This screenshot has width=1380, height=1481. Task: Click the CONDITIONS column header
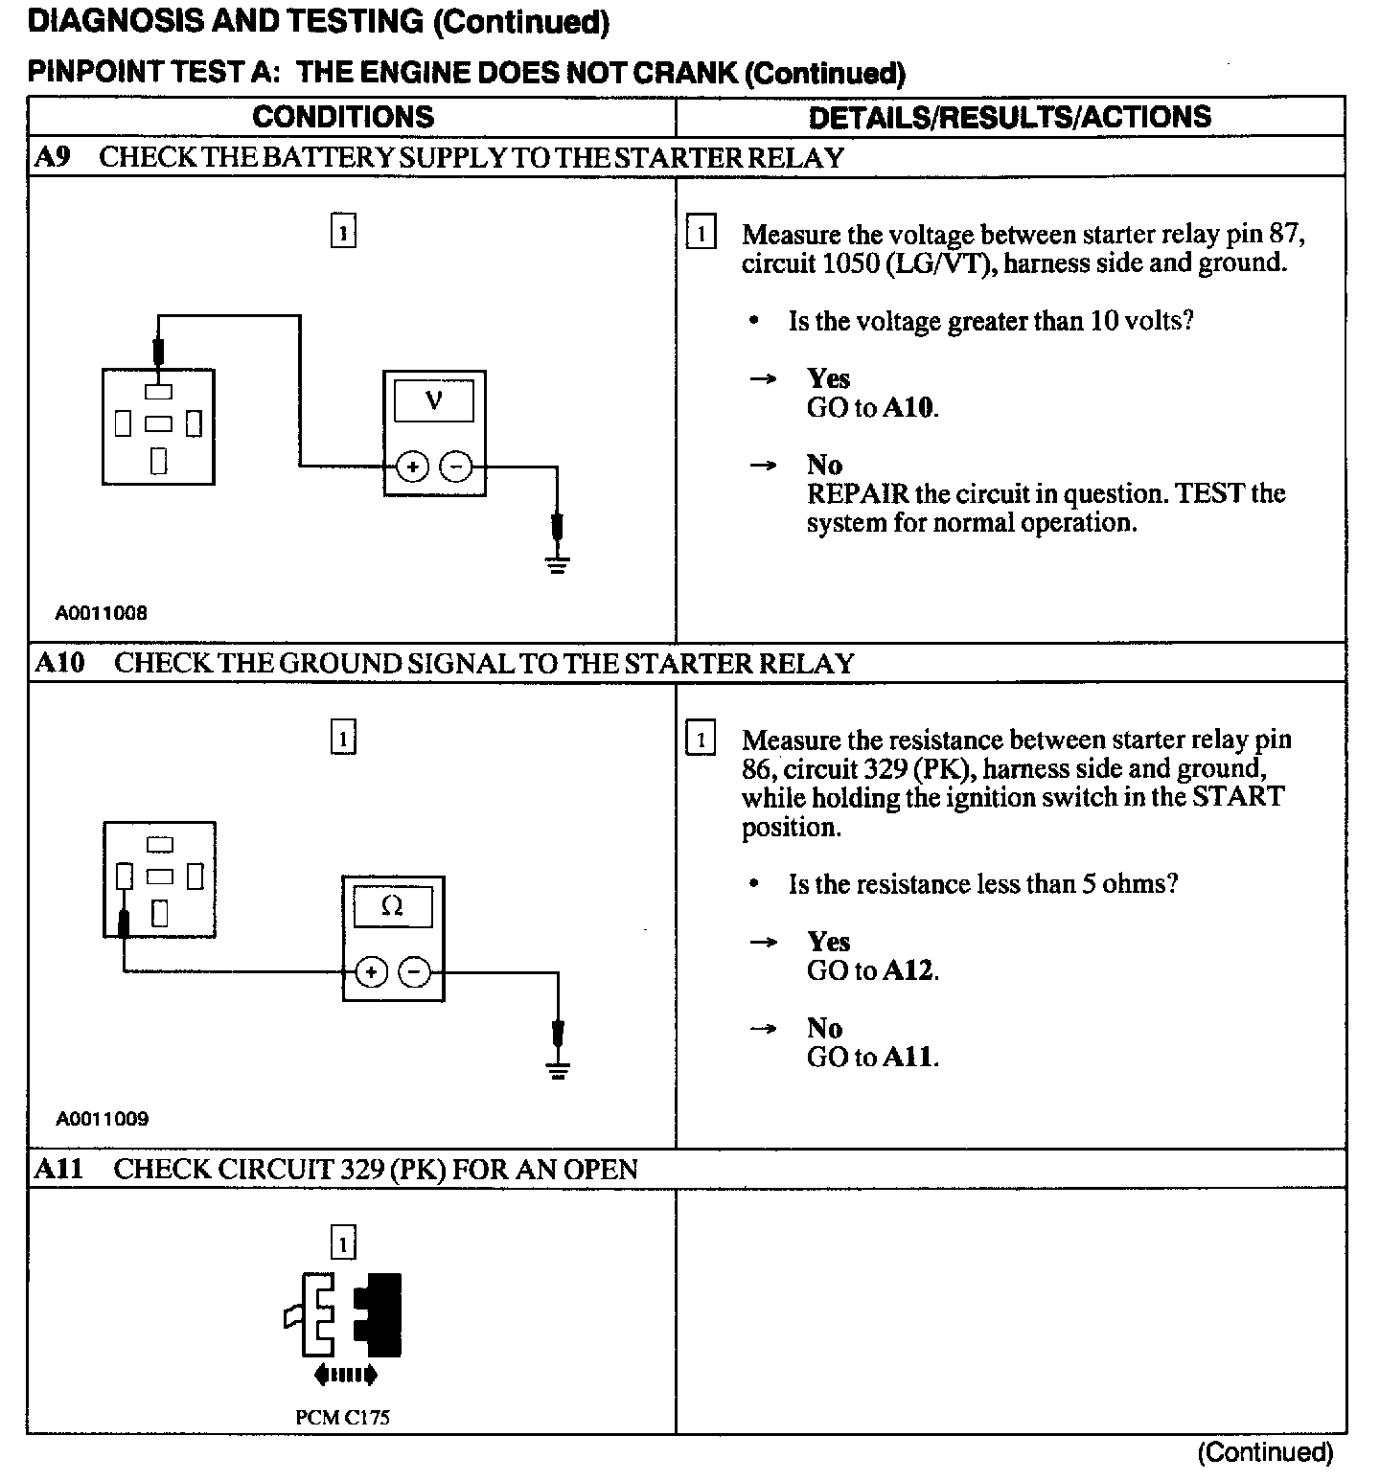343,117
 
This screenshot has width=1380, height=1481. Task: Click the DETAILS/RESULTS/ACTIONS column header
1009,117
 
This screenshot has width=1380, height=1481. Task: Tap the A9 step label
52,157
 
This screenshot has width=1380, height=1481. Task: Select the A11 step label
58,1169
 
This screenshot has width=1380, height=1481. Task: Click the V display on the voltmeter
433,400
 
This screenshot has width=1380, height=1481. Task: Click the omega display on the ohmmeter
392,906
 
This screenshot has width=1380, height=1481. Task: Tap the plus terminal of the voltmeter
412,467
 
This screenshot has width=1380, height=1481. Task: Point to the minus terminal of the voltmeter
456,467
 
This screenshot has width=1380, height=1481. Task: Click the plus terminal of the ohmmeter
371,973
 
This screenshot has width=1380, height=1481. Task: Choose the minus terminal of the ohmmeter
414,973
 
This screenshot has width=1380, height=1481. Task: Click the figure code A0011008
101,613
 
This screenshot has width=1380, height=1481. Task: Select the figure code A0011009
102,1119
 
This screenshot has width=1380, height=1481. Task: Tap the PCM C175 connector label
342,1418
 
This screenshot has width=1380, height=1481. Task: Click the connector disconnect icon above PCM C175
343,1327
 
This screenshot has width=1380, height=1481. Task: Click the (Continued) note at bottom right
1264,1452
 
